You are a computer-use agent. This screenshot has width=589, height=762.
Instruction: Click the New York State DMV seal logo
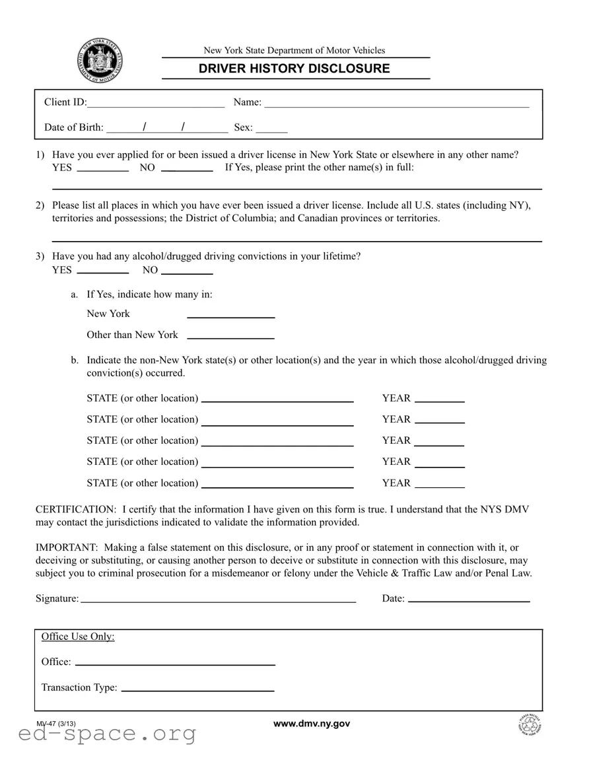pos(100,61)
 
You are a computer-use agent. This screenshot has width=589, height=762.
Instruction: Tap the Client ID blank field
pos(156,103)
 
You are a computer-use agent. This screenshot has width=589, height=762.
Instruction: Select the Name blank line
pos(396,103)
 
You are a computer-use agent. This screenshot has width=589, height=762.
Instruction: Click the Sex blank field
pos(271,128)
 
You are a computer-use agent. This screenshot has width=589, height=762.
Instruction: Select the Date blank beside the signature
pos(469,600)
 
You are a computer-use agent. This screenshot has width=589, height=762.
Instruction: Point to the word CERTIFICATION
pos(75,510)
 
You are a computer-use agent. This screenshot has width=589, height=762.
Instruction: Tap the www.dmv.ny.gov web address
pos(312,724)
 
